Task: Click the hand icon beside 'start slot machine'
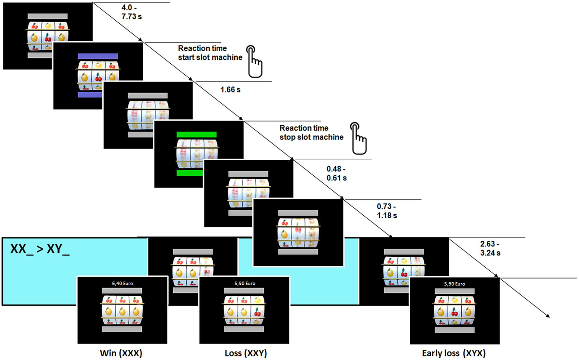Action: point(254,61)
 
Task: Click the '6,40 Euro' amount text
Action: point(123,283)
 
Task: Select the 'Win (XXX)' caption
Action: point(121,353)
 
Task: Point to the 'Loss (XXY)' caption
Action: point(246,353)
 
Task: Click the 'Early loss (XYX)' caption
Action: point(454,353)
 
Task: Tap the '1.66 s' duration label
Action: point(230,90)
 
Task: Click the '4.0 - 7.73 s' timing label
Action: point(132,12)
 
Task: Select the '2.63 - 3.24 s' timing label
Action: point(490,248)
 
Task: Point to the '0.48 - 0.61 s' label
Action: point(337,173)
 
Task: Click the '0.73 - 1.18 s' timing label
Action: point(387,211)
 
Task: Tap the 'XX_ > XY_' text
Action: point(40,249)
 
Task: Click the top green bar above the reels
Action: point(196,134)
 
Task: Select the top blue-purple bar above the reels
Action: point(98,56)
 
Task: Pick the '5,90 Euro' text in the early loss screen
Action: point(455,284)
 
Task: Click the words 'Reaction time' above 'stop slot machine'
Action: point(303,128)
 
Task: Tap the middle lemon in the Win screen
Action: point(122,311)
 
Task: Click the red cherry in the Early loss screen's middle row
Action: point(455,312)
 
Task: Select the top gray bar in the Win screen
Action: point(122,291)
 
